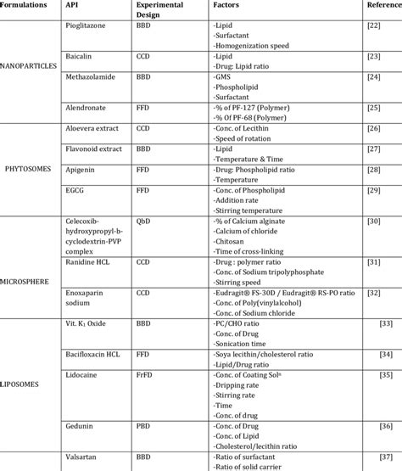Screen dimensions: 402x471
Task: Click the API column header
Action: point(73,5)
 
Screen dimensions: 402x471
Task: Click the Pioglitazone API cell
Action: point(88,26)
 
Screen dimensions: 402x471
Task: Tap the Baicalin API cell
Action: point(79,57)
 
